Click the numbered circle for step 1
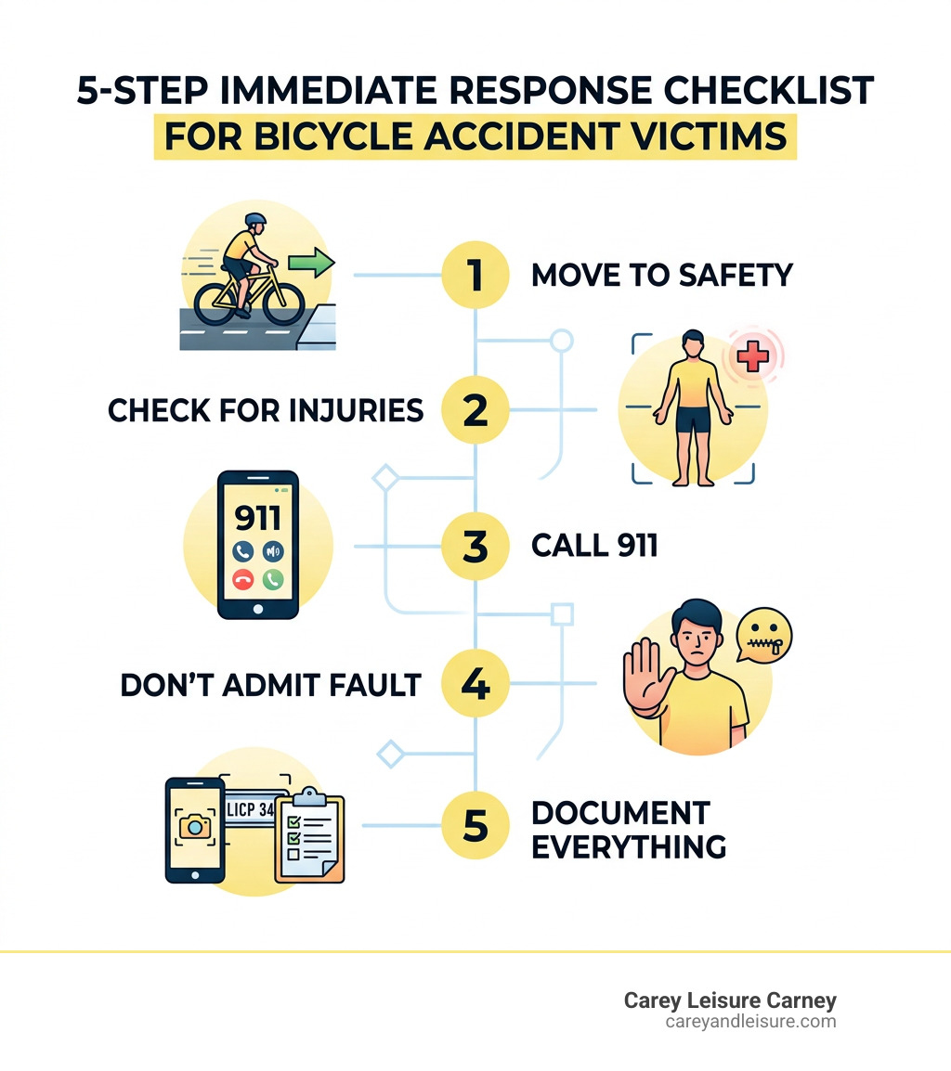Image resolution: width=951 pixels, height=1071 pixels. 475,276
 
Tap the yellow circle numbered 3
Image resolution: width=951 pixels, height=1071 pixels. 475,547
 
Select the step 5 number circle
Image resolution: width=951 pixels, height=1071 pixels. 475,825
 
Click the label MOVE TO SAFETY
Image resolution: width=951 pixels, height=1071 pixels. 662,276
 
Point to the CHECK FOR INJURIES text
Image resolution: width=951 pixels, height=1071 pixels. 266,410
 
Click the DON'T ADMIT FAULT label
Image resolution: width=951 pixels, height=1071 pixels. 270,686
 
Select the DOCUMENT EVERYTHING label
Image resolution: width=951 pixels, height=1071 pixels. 629,830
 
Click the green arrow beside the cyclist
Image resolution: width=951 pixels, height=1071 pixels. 309,264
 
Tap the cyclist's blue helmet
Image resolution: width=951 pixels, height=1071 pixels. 254,222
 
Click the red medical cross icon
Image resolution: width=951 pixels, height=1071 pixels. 753,356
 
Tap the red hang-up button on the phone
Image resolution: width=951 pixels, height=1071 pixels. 244,580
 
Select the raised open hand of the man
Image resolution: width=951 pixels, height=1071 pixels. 642,677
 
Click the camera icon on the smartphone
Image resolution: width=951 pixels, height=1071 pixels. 194,828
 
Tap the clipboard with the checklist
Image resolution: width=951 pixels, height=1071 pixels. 309,836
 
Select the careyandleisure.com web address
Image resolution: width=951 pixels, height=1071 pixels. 750,1022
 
